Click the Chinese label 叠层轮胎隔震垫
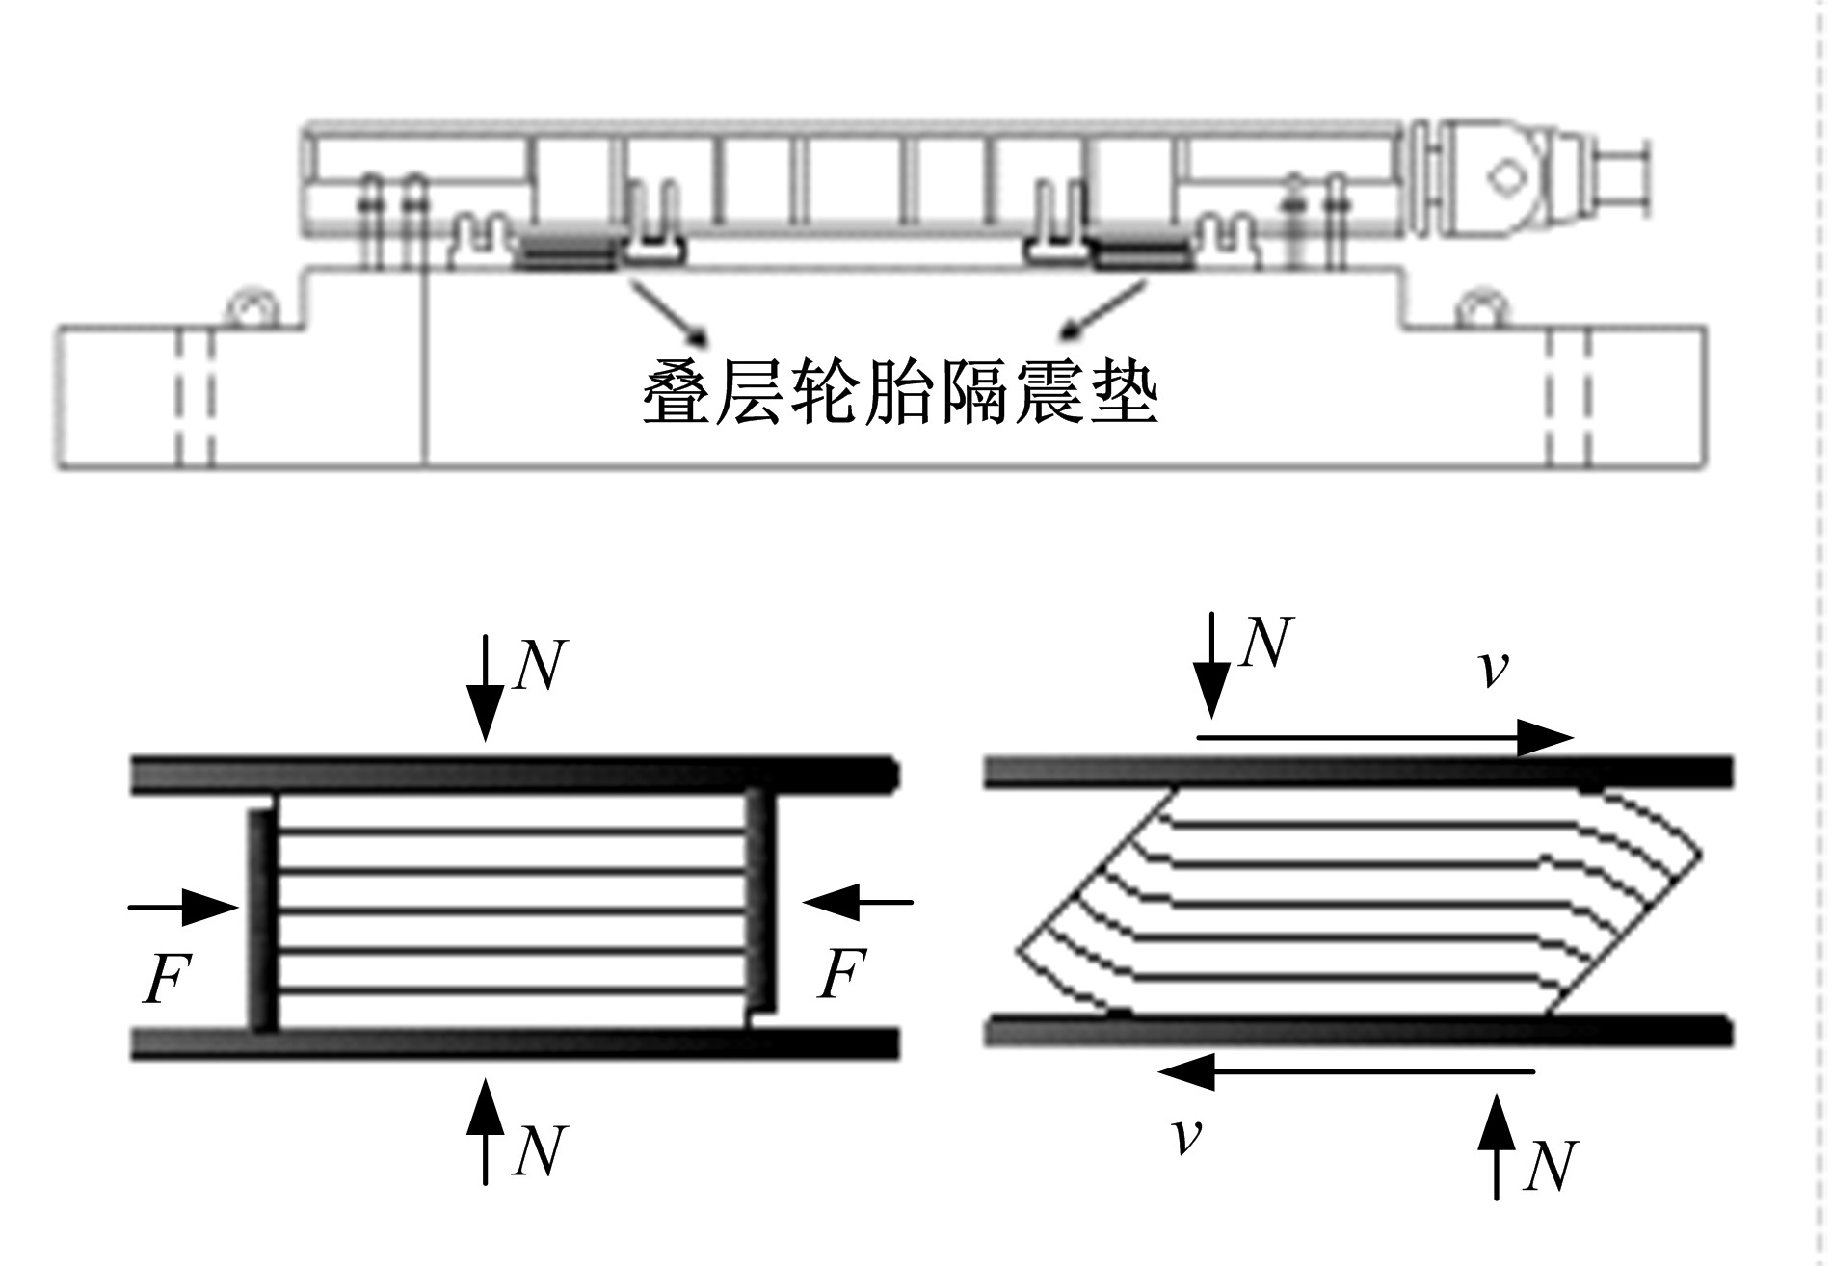coord(899,392)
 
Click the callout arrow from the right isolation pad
coord(1104,309)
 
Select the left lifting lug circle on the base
coord(252,308)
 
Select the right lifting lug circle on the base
coord(1482,308)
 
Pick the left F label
coord(166,979)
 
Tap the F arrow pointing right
coord(183,907)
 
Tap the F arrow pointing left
coord(858,903)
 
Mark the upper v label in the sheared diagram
coord(1493,669)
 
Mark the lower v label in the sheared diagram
coord(1188,1136)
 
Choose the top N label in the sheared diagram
coord(1265,643)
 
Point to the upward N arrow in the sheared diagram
coord(1496,1147)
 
